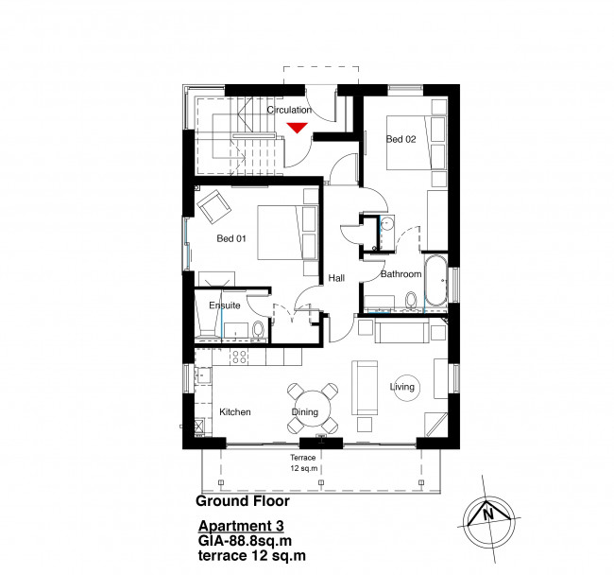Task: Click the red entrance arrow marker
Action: pyautogui.click(x=298, y=128)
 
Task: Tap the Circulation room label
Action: pyautogui.click(x=288, y=111)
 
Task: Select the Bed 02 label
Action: pyautogui.click(x=400, y=139)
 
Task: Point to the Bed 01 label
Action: pyautogui.click(x=231, y=238)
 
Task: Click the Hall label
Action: pyautogui.click(x=336, y=278)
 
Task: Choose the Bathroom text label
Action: pyautogui.click(x=401, y=274)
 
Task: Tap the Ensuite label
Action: pyautogui.click(x=225, y=306)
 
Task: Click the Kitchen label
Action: pyautogui.click(x=235, y=413)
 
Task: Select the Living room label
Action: pyautogui.click(x=402, y=388)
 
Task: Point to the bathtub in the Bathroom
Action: pyautogui.click(x=436, y=282)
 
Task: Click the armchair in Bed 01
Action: pyautogui.click(x=212, y=203)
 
